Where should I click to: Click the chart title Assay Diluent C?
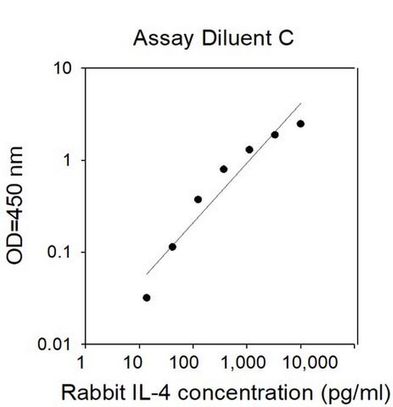click(x=213, y=38)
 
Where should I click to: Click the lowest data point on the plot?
click(x=146, y=298)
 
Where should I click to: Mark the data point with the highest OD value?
click(x=300, y=124)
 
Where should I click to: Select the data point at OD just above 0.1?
click(x=172, y=246)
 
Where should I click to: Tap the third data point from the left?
click(x=198, y=199)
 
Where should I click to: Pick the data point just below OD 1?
click(x=224, y=169)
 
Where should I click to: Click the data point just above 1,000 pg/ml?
click(x=249, y=149)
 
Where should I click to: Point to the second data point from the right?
click(x=274, y=135)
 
